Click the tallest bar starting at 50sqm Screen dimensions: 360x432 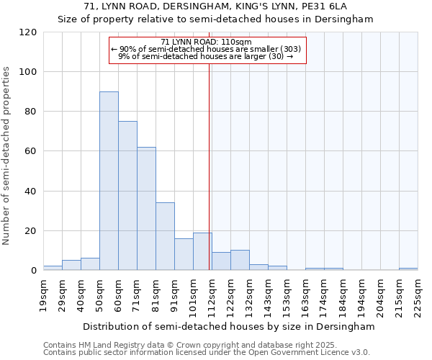click(109, 181)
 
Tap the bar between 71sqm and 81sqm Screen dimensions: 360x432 click(146, 209)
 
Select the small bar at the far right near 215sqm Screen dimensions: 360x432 click(408, 269)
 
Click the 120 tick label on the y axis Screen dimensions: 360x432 click(28, 32)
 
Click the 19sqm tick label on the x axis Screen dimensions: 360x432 click(43, 293)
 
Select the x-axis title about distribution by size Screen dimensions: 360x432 click(229, 326)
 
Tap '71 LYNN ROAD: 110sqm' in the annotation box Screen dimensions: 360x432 click(206, 42)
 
